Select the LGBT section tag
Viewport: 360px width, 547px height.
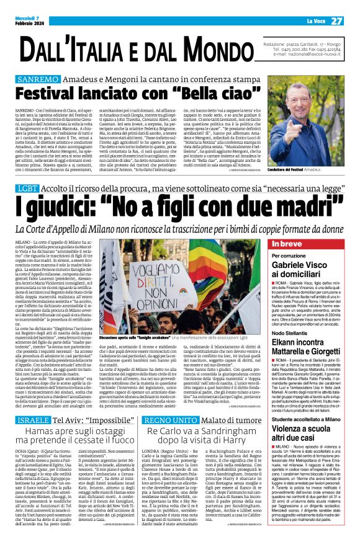pos(27,187)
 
